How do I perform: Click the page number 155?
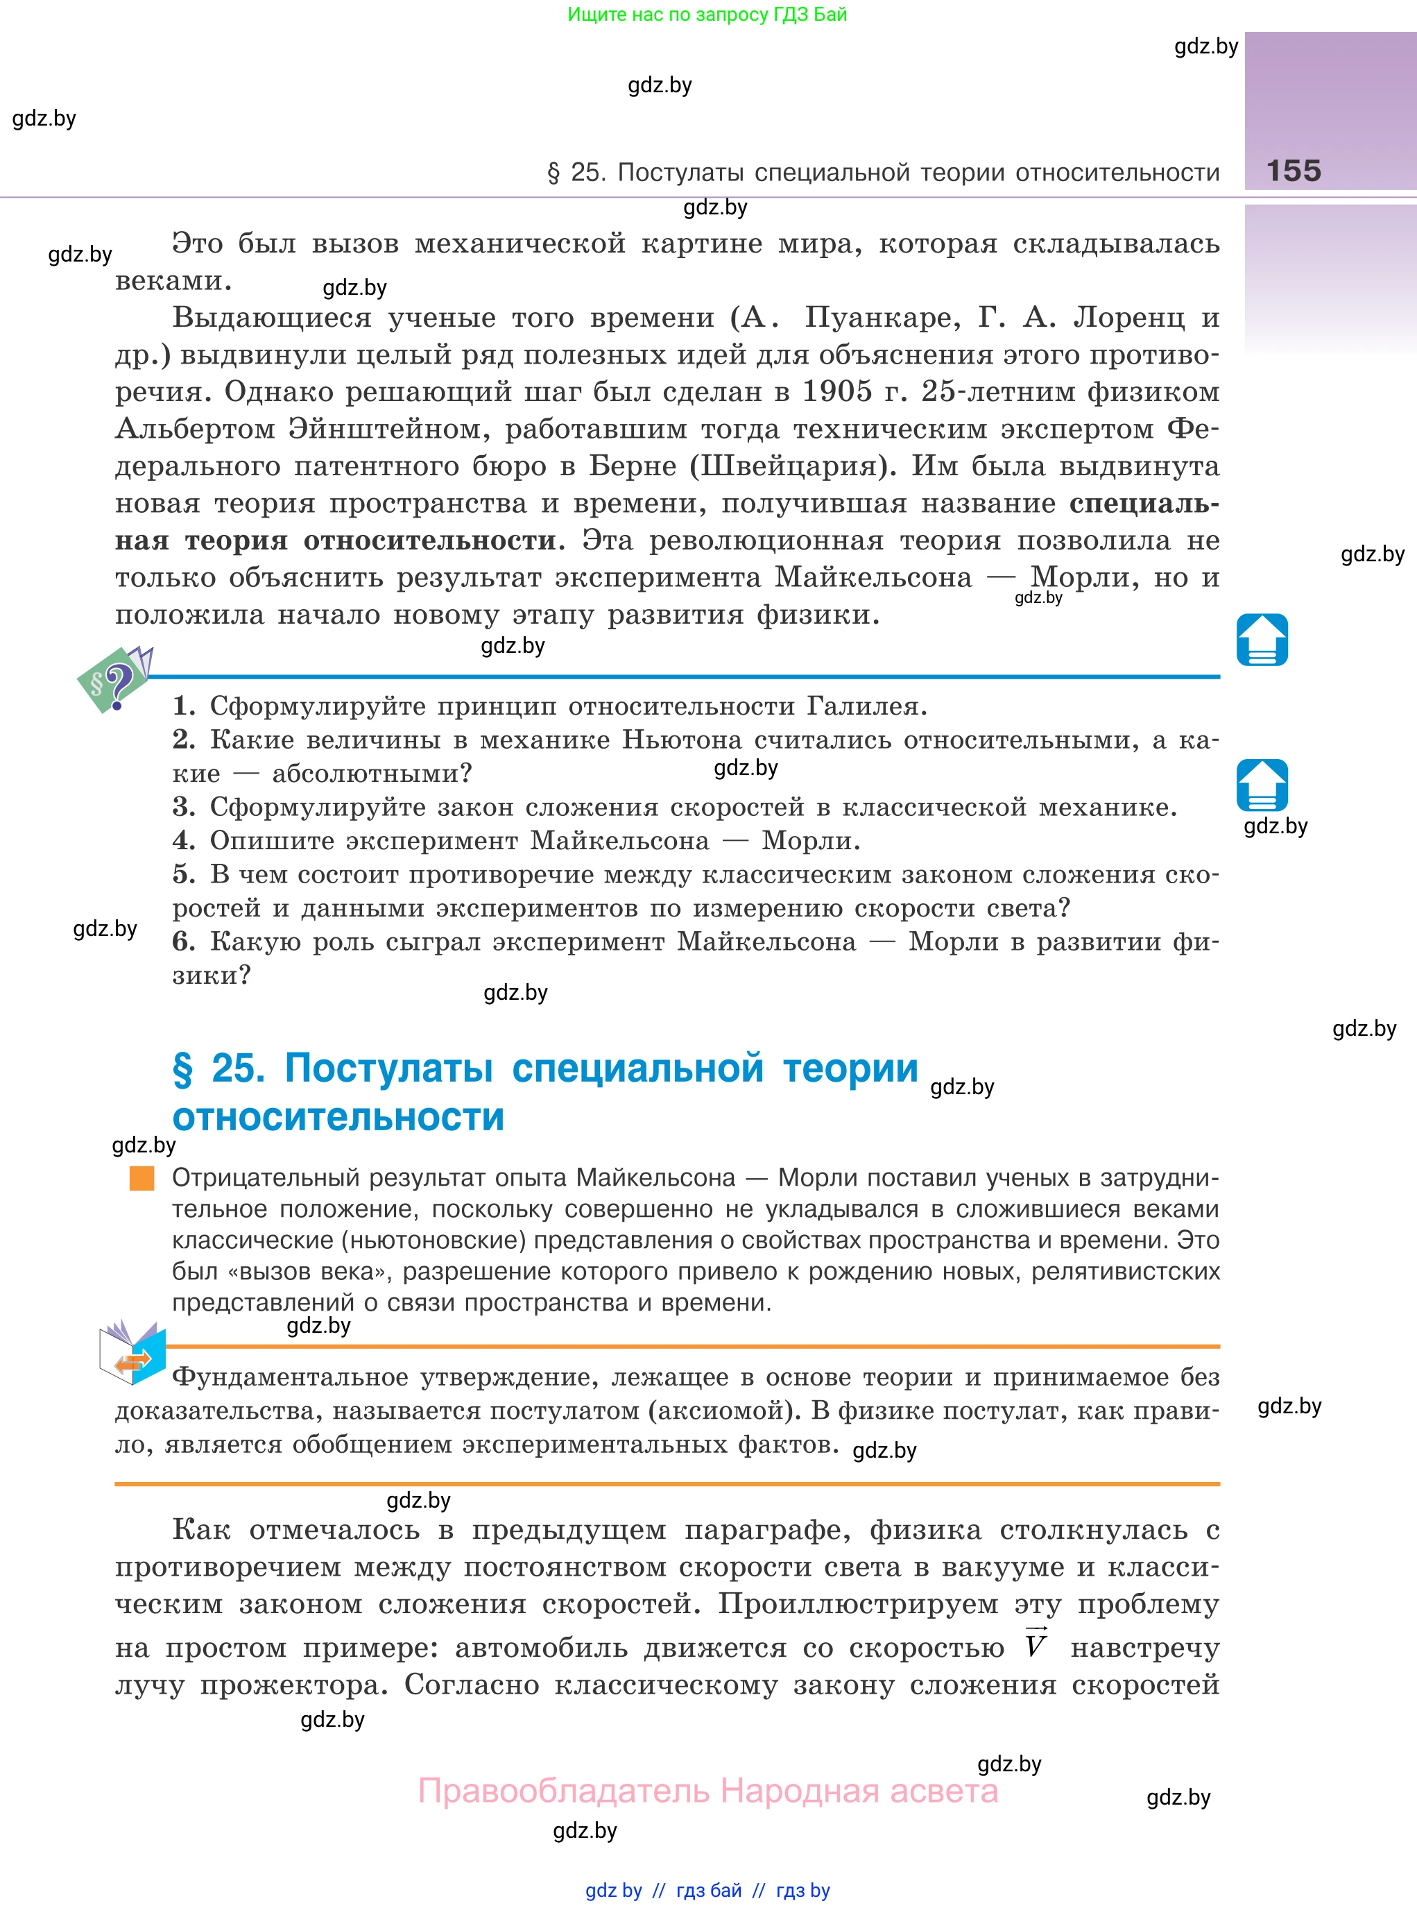(x=1294, y=171)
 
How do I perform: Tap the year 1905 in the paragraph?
(x=836, y=392)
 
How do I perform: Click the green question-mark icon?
(x=114, y=679)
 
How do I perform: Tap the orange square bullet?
(x=141, y=1178)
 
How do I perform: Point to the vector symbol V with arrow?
(x=1036, y=1644)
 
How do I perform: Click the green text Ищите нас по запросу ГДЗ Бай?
(x=707, y=15)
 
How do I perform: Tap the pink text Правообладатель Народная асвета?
(x=707, y=1791)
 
